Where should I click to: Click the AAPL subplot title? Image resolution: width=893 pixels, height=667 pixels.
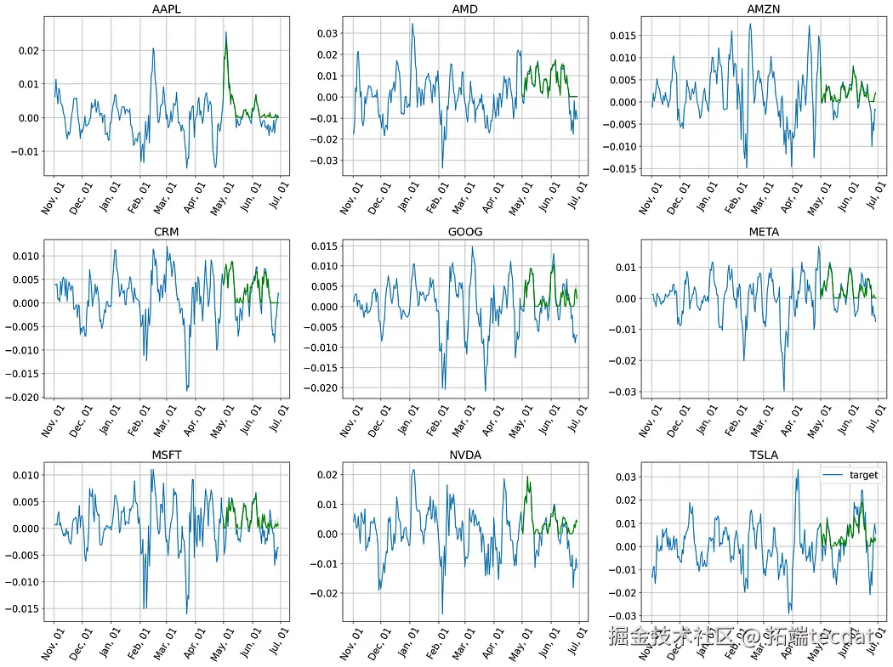167,9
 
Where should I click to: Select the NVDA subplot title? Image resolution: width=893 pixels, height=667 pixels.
464,455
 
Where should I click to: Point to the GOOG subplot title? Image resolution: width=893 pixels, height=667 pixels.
464,232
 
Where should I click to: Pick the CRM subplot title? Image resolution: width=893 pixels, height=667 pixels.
167,232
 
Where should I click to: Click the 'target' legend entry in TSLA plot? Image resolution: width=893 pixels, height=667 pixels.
864,475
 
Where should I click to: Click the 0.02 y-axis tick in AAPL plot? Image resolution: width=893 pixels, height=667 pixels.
28,51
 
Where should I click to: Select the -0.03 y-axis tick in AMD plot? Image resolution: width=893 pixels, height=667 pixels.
326,161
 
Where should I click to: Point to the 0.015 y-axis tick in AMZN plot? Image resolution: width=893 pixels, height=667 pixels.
621,37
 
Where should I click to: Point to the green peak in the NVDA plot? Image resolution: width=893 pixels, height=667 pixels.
527,478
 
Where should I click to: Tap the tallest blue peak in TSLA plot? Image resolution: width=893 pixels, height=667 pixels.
798,470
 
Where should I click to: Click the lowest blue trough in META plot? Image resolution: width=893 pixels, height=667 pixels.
783,390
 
